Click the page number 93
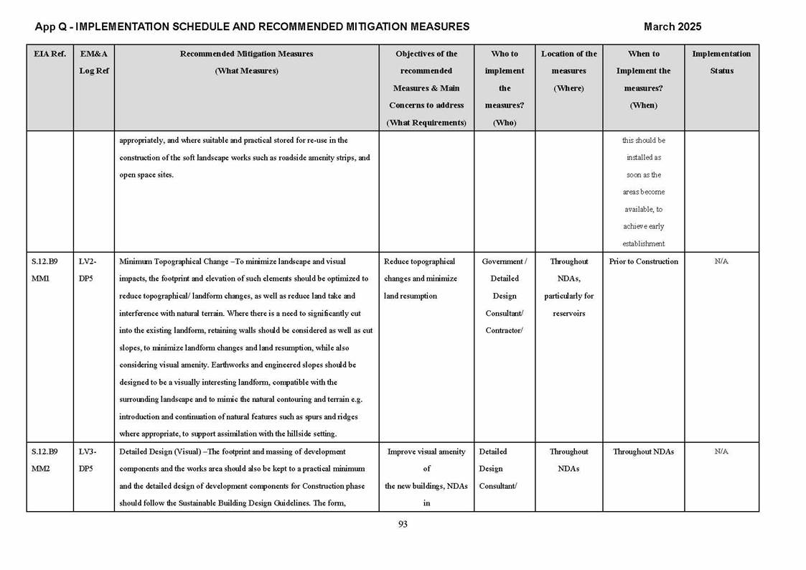point(403,524)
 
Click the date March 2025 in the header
point(672,27)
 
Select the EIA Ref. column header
point(50,54)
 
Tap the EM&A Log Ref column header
point(93,62)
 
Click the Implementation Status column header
point(721,62)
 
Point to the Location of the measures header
point(568,70)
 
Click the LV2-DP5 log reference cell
point(87,270)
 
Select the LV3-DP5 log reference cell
point(87,460)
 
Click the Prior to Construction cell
point(643,261)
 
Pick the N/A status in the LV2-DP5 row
point(721,261)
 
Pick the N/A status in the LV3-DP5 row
point(721,452)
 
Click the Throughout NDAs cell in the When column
point(643,452)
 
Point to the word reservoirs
point(569,313)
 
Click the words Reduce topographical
point(420,261)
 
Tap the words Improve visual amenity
point(426,452)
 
